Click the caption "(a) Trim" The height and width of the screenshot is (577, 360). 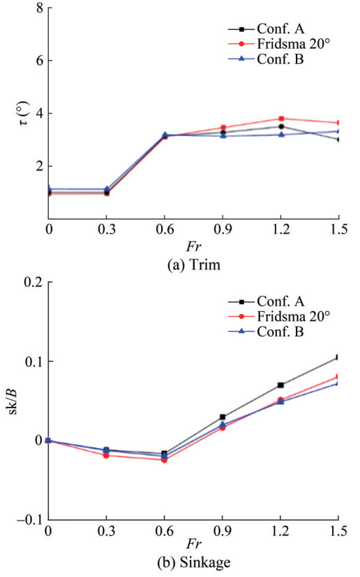[194, 264]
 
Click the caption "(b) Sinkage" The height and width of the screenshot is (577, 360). [194, 562]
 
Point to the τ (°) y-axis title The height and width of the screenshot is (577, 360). [24, 113]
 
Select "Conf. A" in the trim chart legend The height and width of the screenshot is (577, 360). [280, 29]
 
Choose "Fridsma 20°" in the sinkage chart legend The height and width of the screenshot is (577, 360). [293, 316]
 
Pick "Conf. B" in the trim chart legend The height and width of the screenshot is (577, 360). [280, 59]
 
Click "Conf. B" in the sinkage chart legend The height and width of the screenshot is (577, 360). [280, 331]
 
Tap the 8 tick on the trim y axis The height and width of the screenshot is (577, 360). [40, 8]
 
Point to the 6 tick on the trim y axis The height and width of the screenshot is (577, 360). [40, 60]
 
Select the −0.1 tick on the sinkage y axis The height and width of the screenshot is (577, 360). [30, 520]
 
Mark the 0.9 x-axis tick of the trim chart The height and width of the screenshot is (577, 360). [223, 230]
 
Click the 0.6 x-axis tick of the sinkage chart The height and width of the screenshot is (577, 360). [165, 531]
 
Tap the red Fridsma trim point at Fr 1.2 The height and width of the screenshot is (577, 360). [281, 119]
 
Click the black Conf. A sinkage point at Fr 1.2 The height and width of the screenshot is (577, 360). [280, 385]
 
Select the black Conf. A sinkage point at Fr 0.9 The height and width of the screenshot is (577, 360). [223, 417]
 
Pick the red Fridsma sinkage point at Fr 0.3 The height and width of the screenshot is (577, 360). [106, 456]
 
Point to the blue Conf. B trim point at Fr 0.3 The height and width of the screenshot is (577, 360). [107, 189]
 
